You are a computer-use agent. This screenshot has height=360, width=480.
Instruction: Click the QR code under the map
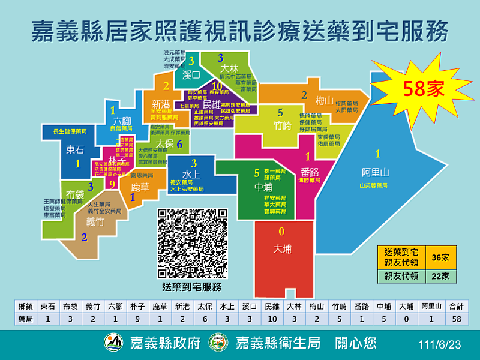pyautogui.click(x=193, y=242)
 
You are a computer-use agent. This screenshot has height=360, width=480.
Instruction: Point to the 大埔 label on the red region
pyautogui.click(x=283, y=248)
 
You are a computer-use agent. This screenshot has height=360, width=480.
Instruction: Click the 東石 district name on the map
pyautogui.click(x=75, y=149)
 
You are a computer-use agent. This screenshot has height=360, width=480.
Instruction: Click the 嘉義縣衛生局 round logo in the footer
pyautogui.click(x=218, y=343)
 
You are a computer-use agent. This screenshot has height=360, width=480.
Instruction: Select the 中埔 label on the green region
pyautogui.click(x=263, y=187)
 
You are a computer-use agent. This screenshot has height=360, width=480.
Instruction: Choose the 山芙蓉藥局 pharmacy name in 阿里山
pyautogui.click(x=374, y=185)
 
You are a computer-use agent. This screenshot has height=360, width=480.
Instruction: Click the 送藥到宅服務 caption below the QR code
pyautogui.click(x=193, y=287)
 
